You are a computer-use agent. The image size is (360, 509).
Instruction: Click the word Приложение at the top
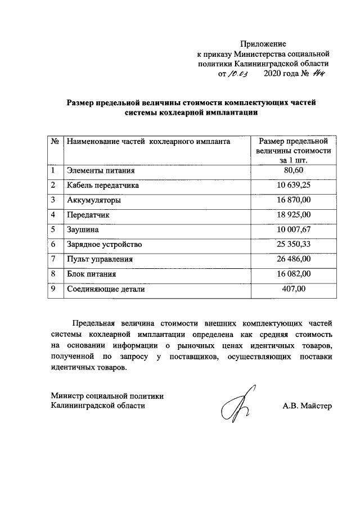(263, 43)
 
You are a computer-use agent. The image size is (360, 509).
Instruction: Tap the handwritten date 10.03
(236, 74)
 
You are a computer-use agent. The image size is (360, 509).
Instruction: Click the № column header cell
(56, 142)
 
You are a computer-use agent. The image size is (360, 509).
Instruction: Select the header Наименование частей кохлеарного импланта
(148, 142)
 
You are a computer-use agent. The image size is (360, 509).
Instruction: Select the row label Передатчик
(87, 215)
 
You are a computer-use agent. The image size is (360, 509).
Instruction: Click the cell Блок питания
(91, 274)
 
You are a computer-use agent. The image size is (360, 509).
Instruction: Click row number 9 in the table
(53, 289)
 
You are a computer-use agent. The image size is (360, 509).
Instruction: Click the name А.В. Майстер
(307, 406)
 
